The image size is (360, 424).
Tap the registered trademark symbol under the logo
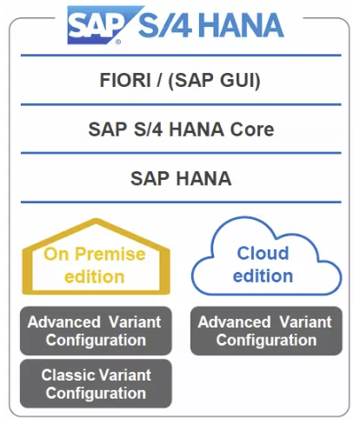pyautogui.click(x=118, y=43)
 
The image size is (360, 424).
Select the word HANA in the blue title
pyautogui.click(x=242, y=25)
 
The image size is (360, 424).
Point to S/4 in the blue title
pyautogui.click(x=165, y=25)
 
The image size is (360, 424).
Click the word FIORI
pyautogui.click(x=125, y=80)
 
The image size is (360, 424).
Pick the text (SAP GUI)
pyautogui.click(x=214, y=80)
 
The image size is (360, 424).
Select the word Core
pyautogui.click(x=252, y=129)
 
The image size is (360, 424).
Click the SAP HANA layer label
pyautogui.click(x=181, y=178)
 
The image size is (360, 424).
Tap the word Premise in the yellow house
pyautogui.click(x=110, y=254)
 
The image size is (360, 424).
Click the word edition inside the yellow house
pyautogui.click(x=95, y=276)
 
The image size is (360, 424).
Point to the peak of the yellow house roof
pyautogui.click(x=96, y=221)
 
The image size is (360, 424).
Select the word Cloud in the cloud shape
pyautogui.click(x=263, y=253)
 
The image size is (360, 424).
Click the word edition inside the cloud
pyautogui.click(x=263, y=275)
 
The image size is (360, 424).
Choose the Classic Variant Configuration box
pyautogui.click(x=96, y=383)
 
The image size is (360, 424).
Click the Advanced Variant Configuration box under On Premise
pyautogui.click(x=96, y=331)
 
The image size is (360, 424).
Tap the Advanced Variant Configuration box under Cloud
pyautogui.click(x=266, y=331)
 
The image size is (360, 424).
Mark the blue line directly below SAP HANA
pyautogui.click(x=181, y=202)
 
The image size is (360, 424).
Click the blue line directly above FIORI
pyautogui.click(x=181, y=55)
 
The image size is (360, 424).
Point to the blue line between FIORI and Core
pyautogui.click(x=181, y=104)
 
